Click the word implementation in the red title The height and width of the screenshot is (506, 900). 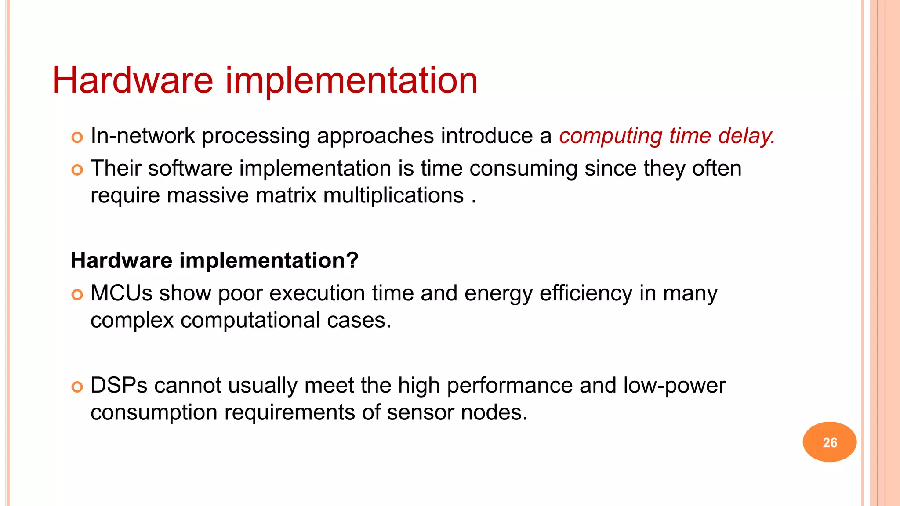point(352,81)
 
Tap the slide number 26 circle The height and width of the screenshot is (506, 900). point(829,442)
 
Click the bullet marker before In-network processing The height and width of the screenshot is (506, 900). point(77,137)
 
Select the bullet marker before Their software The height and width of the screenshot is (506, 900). point(77,170)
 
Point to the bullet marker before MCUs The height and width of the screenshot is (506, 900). point(77,295)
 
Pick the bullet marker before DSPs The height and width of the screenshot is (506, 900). point(77,387)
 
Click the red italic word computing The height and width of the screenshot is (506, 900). point(610,136)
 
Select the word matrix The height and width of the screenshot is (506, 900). point(286,195)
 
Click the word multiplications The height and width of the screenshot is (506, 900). point(393,196)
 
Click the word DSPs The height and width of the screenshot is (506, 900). point(119,385)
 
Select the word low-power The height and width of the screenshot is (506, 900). point(674,386)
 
